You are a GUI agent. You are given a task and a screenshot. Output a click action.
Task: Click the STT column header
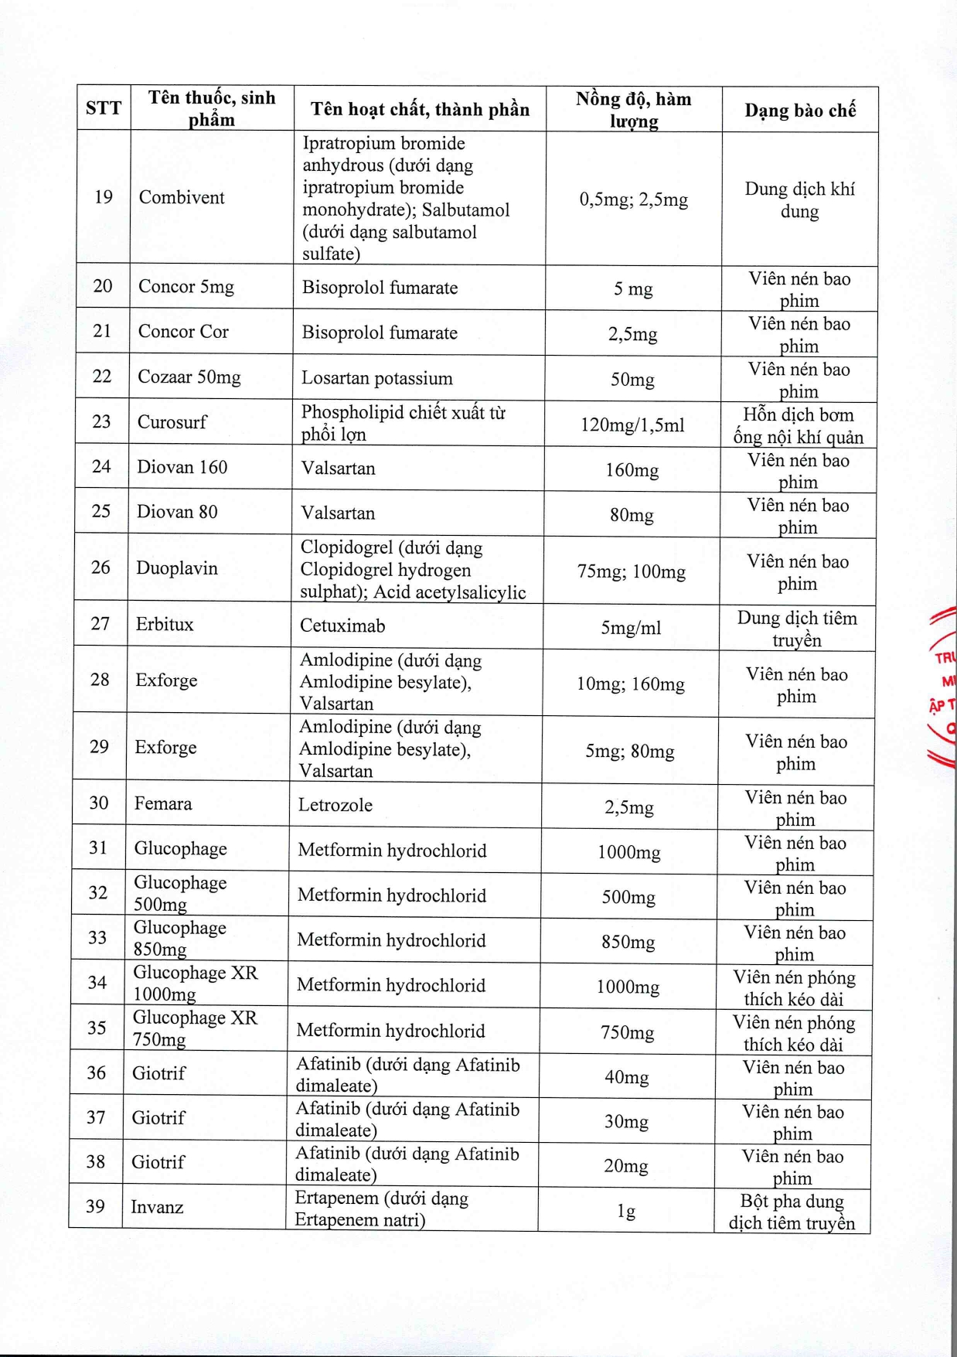104,108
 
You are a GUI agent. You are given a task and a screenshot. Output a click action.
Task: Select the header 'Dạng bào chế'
800,111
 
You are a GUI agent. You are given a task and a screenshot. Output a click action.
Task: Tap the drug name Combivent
182,197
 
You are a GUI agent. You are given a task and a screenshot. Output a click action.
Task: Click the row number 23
101,421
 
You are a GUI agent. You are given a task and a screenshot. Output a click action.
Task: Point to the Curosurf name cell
172,422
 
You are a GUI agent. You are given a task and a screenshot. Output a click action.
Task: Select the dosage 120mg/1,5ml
632,425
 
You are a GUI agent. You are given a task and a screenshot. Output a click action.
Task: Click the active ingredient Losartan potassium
377,378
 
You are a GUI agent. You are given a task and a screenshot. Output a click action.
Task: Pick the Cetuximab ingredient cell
342,626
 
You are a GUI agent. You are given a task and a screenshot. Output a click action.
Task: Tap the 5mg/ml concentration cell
631,628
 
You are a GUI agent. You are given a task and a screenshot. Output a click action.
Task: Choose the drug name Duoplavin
177,568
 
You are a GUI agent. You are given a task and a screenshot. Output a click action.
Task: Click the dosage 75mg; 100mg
632,572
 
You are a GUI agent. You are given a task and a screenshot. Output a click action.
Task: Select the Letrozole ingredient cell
335,805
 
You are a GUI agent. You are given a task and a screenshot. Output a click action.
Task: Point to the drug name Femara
163,803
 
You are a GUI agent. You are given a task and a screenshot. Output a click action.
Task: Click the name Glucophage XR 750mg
195,1028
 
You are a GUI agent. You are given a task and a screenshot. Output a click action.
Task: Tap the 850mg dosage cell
628,943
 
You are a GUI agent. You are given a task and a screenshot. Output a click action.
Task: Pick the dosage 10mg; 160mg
631,684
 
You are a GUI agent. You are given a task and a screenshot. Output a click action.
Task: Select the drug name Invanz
157,1207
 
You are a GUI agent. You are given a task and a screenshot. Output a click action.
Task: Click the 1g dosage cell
626,1211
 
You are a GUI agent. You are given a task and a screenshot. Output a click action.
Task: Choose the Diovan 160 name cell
182,467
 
